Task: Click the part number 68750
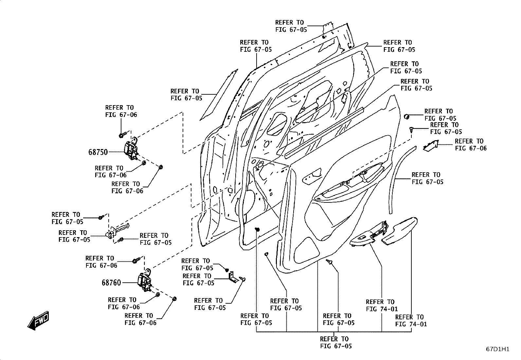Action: [x=98, y=152]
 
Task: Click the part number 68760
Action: [x=111, y=283]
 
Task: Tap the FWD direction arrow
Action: [x=38, y=321]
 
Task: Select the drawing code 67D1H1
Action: [x=497, y=349]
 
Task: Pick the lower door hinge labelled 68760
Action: [x=145, y=281]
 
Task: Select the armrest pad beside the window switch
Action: [x=400, y=231]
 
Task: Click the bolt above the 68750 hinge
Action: [x=123, y=135]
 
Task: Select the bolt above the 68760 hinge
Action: [x=136, y=260]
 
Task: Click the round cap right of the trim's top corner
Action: [x=406, y=116]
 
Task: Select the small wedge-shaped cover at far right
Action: [x=431, y=146]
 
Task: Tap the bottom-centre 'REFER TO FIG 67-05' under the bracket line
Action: [x=336, y=342]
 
